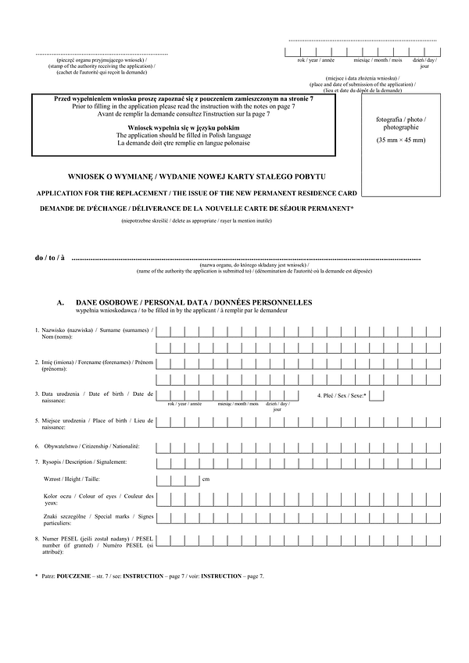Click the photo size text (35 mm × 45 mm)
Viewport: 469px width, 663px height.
point(400,140)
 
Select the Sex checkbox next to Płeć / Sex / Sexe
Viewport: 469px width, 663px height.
point(376,396)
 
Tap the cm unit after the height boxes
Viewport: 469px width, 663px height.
point(206,478)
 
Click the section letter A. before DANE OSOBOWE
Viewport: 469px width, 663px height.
point(60,302)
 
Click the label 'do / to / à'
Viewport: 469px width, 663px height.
point(50,258)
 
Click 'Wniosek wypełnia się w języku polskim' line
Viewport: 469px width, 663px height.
point(183,127)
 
